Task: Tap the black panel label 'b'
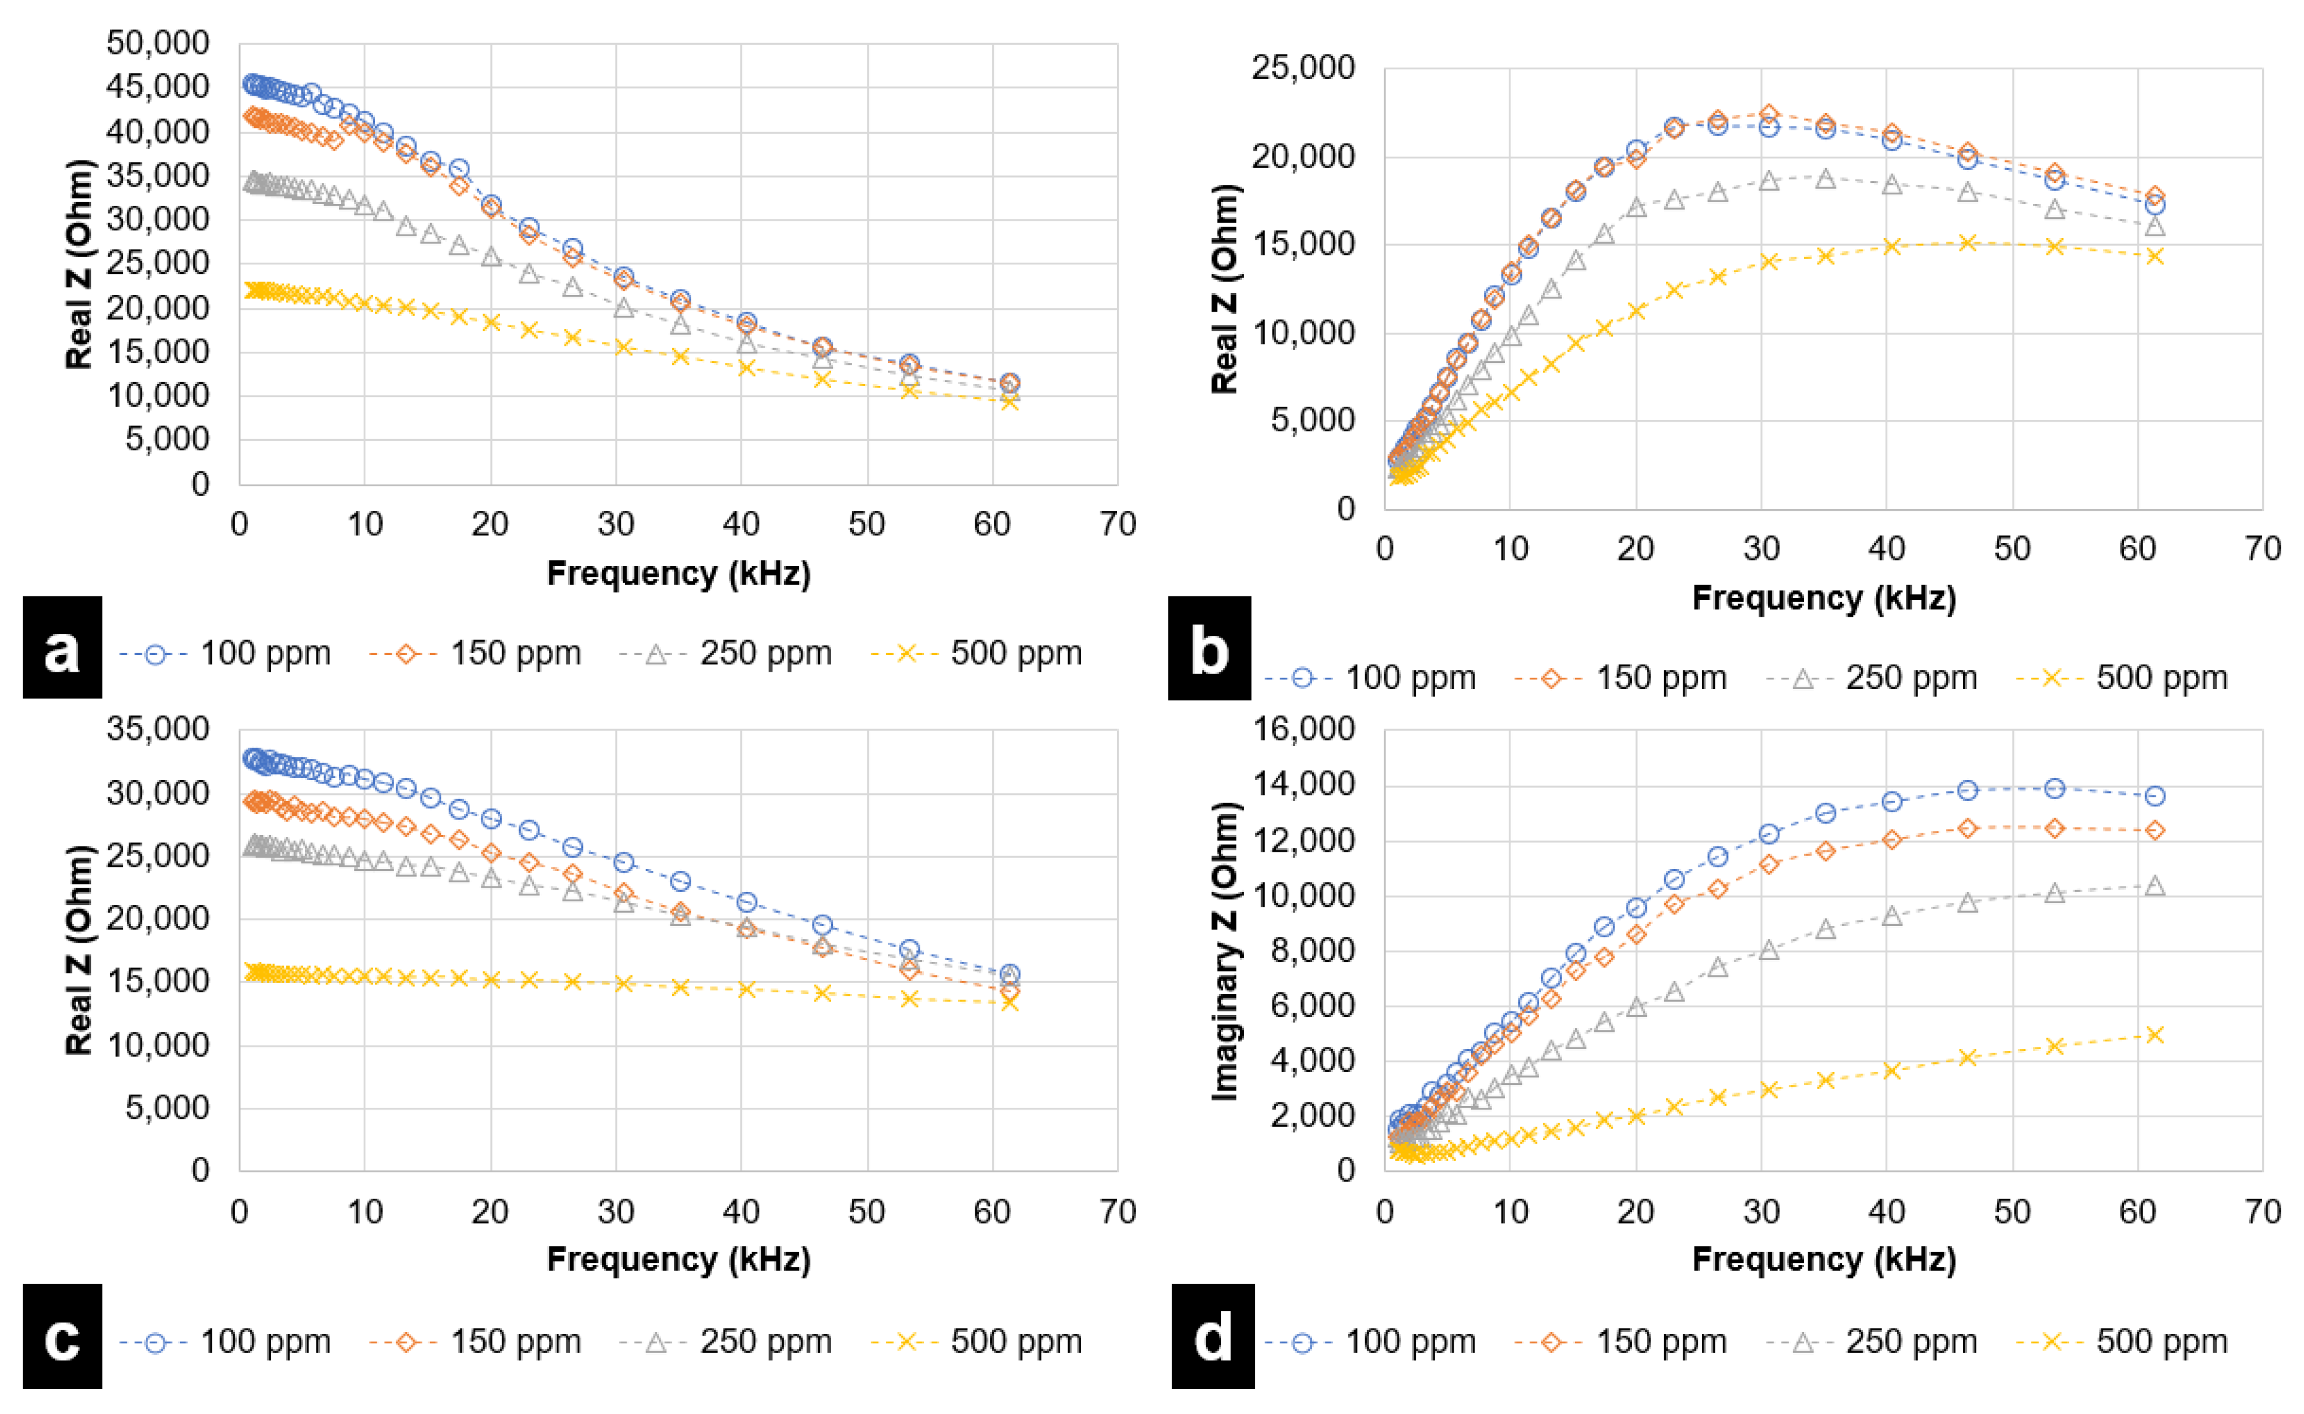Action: click(1209, 647)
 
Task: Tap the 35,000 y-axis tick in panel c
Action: click(158, 729)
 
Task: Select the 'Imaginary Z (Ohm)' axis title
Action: click(1224, 950)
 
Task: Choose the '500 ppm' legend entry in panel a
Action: click(977, 653)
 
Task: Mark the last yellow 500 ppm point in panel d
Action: click(2155, 1034)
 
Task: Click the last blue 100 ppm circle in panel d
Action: click(2155, 796)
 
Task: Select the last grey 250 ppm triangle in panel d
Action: click(2155, 885)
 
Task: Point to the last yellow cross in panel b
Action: click(2155, 256)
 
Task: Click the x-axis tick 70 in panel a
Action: click(1118, 524)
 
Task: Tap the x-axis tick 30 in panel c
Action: click(616, 1211)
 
